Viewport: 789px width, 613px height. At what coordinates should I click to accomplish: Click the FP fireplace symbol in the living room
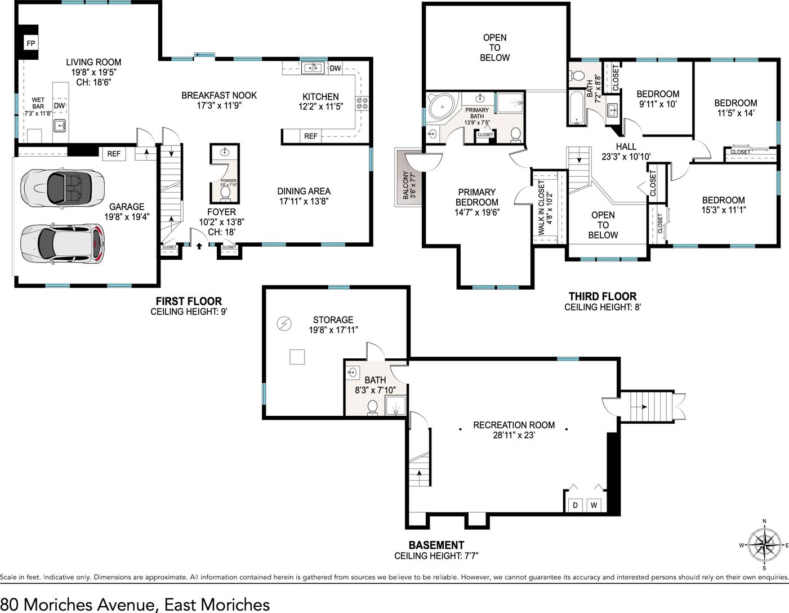[x=31, y=43]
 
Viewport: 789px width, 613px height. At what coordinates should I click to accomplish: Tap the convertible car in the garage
[x=62, y=188]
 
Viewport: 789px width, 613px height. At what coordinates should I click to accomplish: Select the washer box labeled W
[x=594, y=505]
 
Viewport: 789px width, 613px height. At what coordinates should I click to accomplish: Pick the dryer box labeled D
[x=575, y=505]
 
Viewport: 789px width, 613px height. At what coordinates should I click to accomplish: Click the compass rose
[x=764, y=545]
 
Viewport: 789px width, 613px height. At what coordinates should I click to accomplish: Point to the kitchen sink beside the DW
[x=313, y=68]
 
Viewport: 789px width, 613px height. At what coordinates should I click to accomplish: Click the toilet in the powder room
[x=225, y=194]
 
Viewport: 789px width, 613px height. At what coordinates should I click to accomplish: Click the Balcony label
[x=409, y=185]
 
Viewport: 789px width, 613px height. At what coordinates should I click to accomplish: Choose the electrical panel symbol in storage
[x=284, y=323]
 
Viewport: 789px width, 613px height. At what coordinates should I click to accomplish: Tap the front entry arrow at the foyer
[x=199, y=246]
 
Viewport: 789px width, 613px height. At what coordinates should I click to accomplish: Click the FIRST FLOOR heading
[x=189, y=301]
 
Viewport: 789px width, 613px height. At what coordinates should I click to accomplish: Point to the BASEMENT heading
[x=436, y=545]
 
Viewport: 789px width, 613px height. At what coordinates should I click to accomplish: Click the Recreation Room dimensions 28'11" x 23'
[x=514, y=435]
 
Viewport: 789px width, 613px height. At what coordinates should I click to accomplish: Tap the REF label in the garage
[x=114, y=154]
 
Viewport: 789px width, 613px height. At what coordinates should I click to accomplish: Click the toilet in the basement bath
[x=372, y=407]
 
